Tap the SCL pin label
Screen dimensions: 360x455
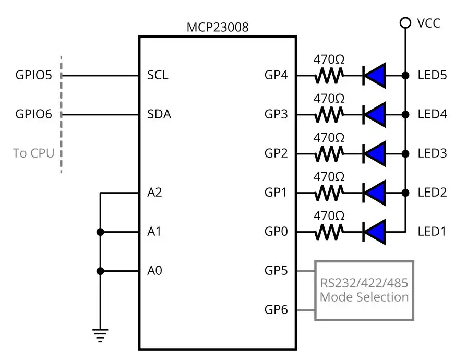tap(158, 76)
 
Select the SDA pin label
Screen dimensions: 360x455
tap(159, 114)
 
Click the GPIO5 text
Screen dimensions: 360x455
tap(34, 76)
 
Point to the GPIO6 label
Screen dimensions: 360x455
tap(34, 114)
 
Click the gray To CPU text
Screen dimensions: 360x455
tap(34, 153)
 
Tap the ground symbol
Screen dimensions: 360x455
tap(100, 334)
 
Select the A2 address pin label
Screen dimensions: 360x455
tap(155, 193)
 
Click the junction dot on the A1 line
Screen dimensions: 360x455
tap(100, 232)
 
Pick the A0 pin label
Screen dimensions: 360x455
tap(155, 271)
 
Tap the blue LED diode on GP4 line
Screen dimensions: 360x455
tap(375, 76)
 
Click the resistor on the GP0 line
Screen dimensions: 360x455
tap(329, 232)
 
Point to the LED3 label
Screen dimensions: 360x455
tap(432, 153)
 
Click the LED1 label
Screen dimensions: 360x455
tap(432, 232)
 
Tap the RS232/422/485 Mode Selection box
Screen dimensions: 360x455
tap(364, 291)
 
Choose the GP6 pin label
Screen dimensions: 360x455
tap(276, 310)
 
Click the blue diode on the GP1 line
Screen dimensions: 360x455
tap(375, 193)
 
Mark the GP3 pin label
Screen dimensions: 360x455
tap(276, 114)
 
